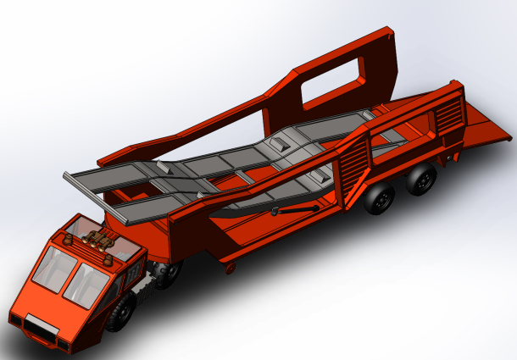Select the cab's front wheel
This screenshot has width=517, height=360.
(x=122, y=313)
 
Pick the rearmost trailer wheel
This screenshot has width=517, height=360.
(x=421, y=180)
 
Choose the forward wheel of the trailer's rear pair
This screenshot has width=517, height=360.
(x=381, y=200)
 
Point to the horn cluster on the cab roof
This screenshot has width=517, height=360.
(x=100, y=240)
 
